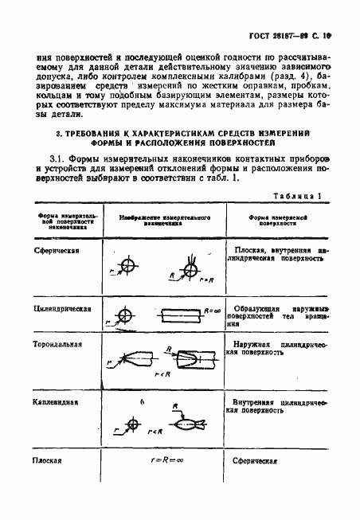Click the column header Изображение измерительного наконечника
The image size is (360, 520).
pyautogui.click(x=162, y=221)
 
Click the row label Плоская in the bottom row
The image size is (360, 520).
pyautogui.click(x=48, y=460)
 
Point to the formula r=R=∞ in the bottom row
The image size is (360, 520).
pyautogui.click(x=163, y=460)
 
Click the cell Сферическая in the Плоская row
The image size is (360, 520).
pyautogui.click(x=254, y=460)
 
